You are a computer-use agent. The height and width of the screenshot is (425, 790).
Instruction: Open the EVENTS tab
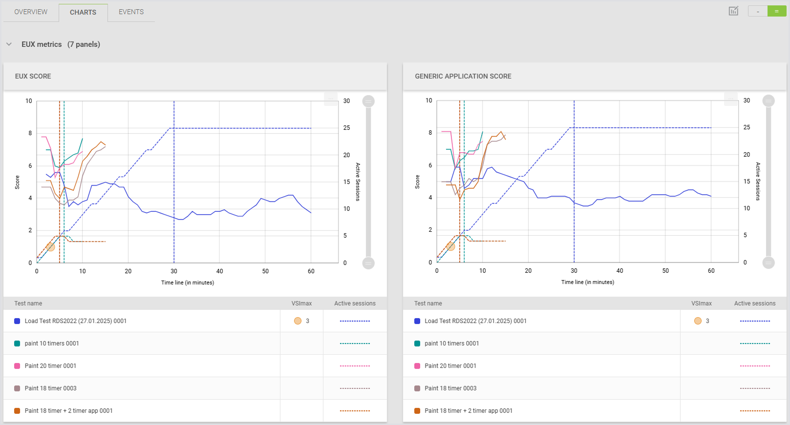click(131, 12)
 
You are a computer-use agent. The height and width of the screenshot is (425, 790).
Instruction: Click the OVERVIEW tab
click(31, 12)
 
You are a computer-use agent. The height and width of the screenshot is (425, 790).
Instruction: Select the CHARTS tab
click(83, 12)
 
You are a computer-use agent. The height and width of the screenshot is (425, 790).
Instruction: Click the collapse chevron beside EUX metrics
click(9, 44)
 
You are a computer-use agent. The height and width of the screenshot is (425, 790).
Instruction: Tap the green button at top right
click(776, 11)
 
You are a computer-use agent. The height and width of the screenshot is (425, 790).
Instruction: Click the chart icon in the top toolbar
click(733, 11)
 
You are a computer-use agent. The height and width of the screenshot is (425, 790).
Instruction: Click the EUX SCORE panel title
click(33, 76)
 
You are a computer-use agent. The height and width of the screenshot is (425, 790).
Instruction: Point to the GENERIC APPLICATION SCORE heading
click(463, 76)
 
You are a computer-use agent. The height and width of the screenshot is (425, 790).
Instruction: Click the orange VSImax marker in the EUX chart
click(50, 247)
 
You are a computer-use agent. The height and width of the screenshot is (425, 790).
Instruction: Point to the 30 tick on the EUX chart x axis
click(174, 271)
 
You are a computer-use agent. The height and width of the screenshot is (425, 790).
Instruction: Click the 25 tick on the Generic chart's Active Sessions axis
click(747, 127)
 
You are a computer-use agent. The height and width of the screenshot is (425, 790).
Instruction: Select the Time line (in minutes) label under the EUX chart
click(188, 283)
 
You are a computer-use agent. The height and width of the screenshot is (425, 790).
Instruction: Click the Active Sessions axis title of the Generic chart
click(758, 182)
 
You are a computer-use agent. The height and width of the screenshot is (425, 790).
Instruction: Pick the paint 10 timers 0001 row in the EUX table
click(52, 344)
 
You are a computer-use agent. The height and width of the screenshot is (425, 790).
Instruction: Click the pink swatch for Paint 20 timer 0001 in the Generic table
click(417, 366)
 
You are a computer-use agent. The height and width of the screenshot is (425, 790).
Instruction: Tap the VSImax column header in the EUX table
click(301, 304)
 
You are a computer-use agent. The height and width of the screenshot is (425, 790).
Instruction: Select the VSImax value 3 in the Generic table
click(707, 321)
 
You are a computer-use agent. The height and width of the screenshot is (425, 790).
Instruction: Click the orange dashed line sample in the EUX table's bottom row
click(355, 411)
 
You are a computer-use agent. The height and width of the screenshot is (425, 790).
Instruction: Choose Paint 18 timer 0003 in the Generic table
click(450, 388)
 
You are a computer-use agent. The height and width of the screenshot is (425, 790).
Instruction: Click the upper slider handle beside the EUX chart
click(368, 101)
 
